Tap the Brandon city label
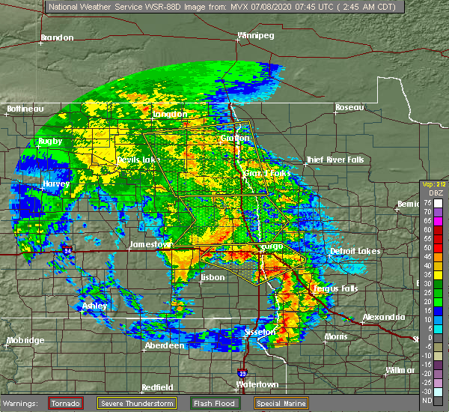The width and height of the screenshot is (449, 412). (57, 37)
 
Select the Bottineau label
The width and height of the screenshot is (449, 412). (25, 109)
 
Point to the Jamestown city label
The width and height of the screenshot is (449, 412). (150, 244)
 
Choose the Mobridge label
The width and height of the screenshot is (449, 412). (25, 340)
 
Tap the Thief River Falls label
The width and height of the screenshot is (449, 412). (334, 160)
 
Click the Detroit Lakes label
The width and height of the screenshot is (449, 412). (355, 251)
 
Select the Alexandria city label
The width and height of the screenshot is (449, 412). (384, 318)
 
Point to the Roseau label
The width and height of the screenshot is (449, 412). (349, 108)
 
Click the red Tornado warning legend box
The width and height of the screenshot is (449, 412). (65, 403)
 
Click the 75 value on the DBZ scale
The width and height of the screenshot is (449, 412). (426, 202)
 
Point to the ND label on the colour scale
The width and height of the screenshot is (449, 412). (426, 400)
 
